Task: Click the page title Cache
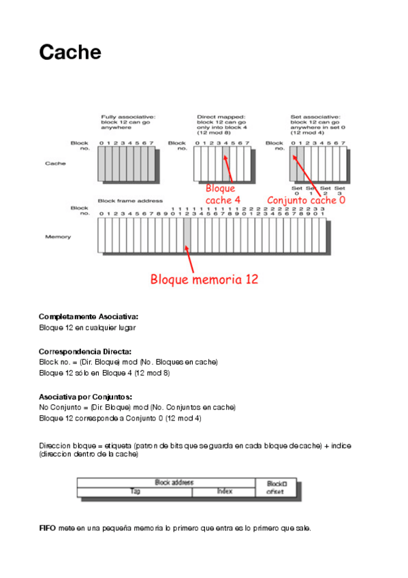pos(70,52)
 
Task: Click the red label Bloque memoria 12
pos(204,279)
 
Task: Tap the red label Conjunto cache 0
pos(306,200)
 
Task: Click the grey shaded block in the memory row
pos(187,235)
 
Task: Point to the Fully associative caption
pos(129,121)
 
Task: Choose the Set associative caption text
pos(314,125)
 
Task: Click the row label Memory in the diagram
pos(58,237)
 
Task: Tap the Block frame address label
pos(130,201)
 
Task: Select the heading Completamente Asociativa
pos(89,317)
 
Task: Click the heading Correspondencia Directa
pos(85,352)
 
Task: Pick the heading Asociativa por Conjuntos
pos(85,396)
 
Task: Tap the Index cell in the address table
pos(224,491)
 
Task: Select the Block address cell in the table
pos(174,483)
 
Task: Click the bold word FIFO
pos(47,528)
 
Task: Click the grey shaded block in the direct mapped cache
pos(225,164)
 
